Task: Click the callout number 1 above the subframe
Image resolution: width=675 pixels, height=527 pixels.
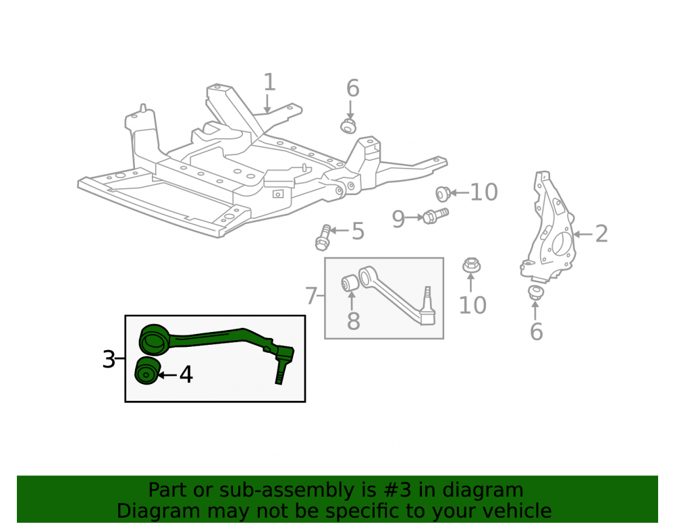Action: pyautogui.click(x=269, y=82)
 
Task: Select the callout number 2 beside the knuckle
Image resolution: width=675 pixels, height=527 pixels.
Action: pyautogui.click(x=601, y=233)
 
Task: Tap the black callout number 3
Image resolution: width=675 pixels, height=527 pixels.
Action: pyautogui.click(x=109, y=359)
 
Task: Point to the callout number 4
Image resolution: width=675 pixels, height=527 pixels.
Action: pyautogui.click(x=186, y=375)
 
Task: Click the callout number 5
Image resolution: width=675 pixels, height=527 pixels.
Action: pyautogui.click(x=358, y=231)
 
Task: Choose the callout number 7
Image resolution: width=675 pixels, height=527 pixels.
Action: pyautogui.click(x=310, y=296)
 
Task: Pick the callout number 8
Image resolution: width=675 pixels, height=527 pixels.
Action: pyautogui.click(x=354, y=321)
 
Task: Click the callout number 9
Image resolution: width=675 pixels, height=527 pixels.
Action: pyautogui.click(x=398, y=219)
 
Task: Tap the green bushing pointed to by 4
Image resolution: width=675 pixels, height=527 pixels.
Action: pyautogui.click(x=148, y=370)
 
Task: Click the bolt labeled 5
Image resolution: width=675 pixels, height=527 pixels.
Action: pyautogui.click(x=323, y=238)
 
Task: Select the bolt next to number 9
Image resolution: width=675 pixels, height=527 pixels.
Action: pyautogui.click(x=435, y=215)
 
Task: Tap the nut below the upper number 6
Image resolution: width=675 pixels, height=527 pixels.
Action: pyautogui.click(x=348, y=126)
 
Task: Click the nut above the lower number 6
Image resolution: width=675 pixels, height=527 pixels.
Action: pyautogui.click(x=535, y=293)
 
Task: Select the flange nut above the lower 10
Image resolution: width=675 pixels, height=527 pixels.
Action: pyautogui.click(x=472, y=265)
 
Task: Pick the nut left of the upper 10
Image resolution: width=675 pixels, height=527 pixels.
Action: pyautogui.click(x=443, y=194)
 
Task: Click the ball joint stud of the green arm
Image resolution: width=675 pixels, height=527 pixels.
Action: pyautogui.click(x=280, y=372)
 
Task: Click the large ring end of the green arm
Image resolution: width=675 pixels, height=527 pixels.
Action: pyautogui.click(x=154, y=339)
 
